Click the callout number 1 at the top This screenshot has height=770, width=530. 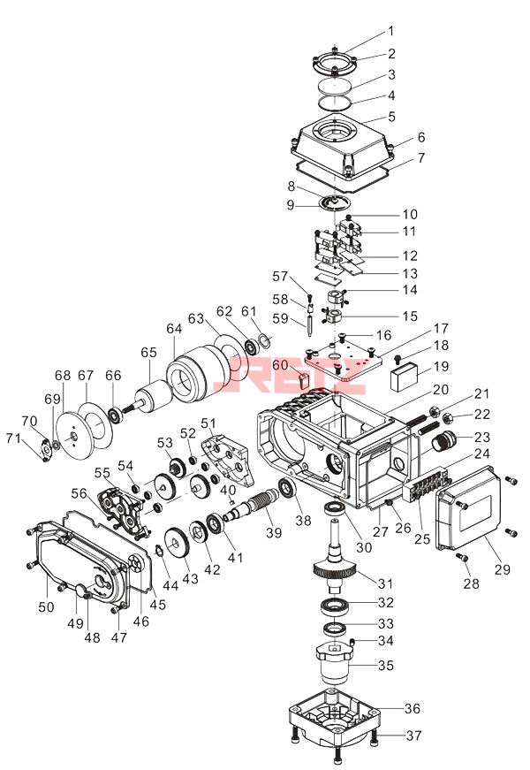(391, 32)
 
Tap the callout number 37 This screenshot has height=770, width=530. (413, 736)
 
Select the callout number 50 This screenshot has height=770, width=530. (46, 607)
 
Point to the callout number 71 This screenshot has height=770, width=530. (13, 438)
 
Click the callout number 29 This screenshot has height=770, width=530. (503, 569)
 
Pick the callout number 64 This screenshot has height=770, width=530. (174, 329)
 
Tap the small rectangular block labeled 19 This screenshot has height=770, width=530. (404, 377)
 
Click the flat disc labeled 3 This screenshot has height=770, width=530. (334, 86)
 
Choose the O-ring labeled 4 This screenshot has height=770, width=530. (334, 103)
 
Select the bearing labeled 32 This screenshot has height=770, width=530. (335, 606)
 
